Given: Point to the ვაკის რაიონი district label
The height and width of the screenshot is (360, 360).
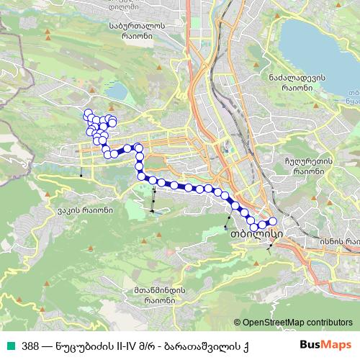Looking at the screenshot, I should point(85,211).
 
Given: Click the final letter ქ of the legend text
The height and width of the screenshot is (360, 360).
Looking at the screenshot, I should point(245,345).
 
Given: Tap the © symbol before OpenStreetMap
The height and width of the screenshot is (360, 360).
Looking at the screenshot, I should point(238,323).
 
